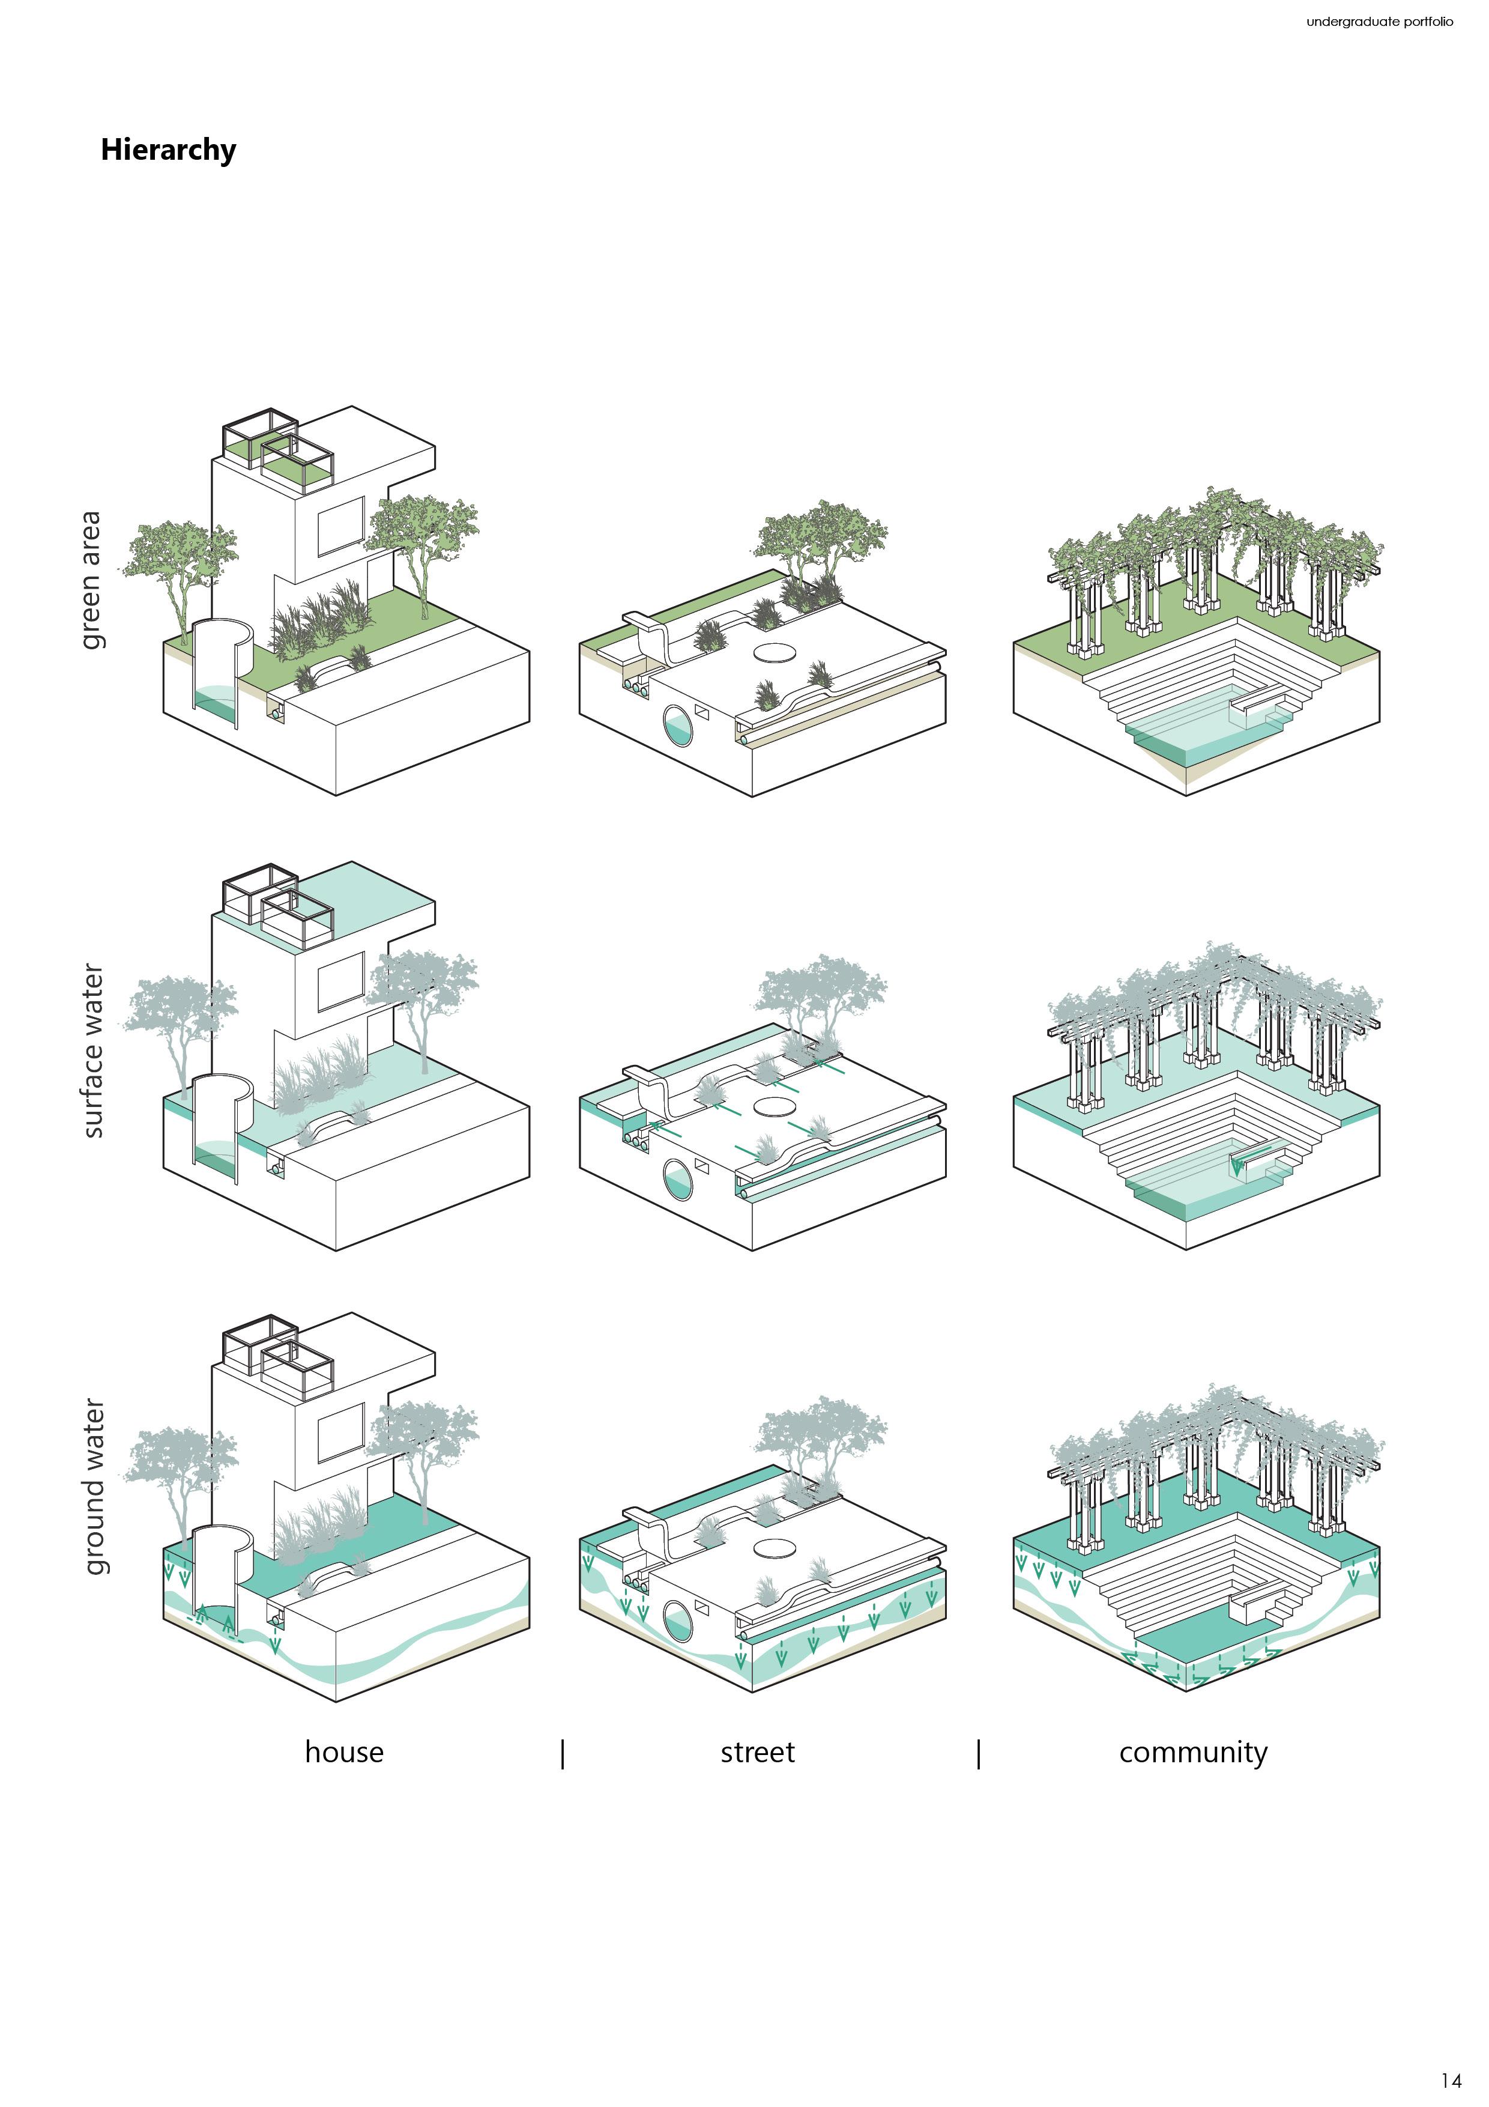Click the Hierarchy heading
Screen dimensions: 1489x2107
tap(168, 150)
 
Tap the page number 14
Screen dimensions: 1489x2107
tap(1451, 2079)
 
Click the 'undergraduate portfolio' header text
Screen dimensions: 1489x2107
tap(1379, 21)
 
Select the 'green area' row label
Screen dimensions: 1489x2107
tap(91, 580)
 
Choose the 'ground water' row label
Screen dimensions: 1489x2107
tap(92, 1486)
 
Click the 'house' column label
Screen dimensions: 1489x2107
tap(344, 1752)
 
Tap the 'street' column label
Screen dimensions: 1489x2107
tap(757, 1752)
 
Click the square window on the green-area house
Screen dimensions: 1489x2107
tap(340, 527)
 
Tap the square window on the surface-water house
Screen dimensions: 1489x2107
tap(340, 981)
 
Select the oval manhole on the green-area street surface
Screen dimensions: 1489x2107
tap(775, 652)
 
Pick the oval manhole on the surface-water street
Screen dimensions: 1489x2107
tap(775, 1107)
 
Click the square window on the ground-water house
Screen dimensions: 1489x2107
tap(340, 1432)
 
